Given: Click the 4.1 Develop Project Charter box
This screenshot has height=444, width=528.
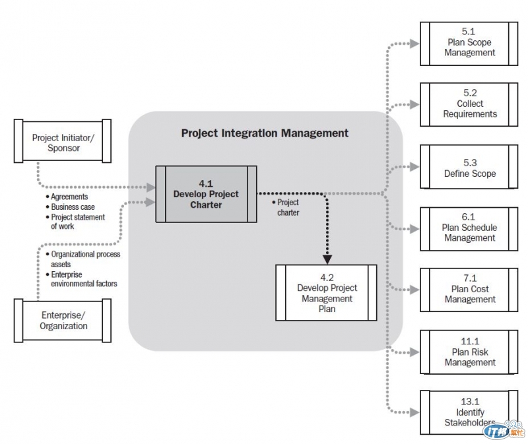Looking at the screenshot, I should [206, 194].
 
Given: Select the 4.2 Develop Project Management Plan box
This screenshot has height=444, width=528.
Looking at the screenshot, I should [326, 293].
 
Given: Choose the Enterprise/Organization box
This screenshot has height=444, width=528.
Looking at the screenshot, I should [63, 321].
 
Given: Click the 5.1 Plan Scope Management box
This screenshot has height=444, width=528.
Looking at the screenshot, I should [469, 43].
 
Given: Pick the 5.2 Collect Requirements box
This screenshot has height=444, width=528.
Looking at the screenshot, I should [469, 104].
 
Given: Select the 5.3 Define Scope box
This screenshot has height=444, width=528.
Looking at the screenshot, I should [469, 168].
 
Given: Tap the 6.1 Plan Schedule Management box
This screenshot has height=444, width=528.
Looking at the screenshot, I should [469, 228].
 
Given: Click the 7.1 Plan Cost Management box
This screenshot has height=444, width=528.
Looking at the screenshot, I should [469, 289].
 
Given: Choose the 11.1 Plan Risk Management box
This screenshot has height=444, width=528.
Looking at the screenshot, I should [469, 352].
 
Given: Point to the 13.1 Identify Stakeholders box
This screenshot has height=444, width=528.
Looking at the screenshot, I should [469, 413].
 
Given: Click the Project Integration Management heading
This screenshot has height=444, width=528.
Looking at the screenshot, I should [265, 133].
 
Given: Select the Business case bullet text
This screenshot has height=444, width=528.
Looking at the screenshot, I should [72, 206].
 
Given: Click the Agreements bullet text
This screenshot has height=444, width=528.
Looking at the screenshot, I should [69, 197].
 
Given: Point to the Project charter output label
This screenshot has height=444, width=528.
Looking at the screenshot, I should [286, 207].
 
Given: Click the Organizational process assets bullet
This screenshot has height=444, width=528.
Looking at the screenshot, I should [84, 259].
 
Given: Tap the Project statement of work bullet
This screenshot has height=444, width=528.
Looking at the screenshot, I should [77, 222].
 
